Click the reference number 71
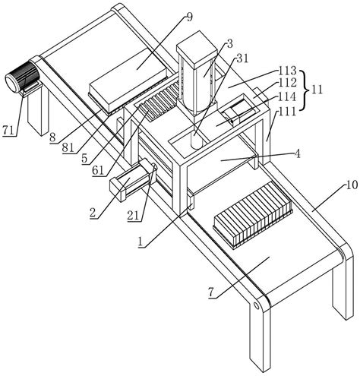pos(9,131)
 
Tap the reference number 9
pos(189,17)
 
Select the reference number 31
pos(242,59)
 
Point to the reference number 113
pos(287,71)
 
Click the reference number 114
pos(287,96)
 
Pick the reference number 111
pos(287,111)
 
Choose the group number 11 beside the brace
pos(317,90)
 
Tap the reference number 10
pos(352,185)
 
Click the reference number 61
pos(98,171)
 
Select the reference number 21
pos(133,216)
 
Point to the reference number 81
pos(68,148)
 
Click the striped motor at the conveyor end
pos(23,77)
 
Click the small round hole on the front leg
pos(257,306)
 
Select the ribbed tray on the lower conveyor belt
pos(253,215)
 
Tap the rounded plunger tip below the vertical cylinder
pos(197,143)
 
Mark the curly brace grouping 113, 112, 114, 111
pos(305,90)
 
